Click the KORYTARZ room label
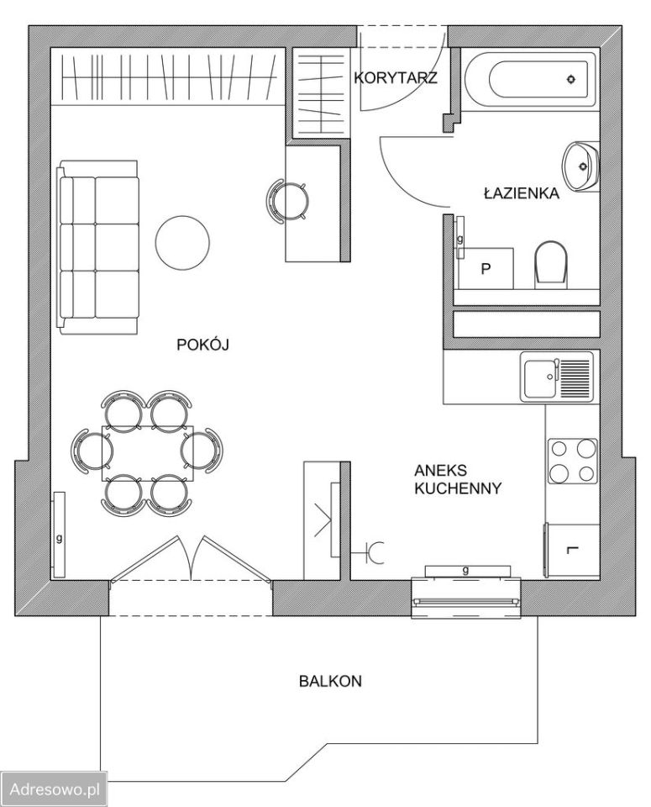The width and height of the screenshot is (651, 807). click(396, 77)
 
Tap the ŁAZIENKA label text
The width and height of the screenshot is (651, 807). click(522, 193)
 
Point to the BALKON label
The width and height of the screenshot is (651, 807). click(330, 681)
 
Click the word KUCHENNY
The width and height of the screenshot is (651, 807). click(458, 488)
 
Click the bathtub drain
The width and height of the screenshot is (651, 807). click(571, 79)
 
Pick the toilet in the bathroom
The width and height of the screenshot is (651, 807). click(551, 265)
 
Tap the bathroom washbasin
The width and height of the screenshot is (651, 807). click(581, 166)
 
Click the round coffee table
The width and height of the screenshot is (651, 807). click(182, 242)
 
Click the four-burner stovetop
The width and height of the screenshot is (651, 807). click(572, 462)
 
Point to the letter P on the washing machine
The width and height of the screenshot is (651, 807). click(486, 269)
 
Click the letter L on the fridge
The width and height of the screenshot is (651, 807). click(572, 550)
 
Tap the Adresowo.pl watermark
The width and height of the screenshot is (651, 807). click(55, 789)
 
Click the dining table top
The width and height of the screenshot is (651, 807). click(148, 453)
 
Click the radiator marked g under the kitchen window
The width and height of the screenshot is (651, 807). click(467, 571)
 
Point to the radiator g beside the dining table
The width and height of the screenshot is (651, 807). click(59, 535)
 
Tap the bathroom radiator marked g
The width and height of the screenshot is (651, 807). click(460, 237)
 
